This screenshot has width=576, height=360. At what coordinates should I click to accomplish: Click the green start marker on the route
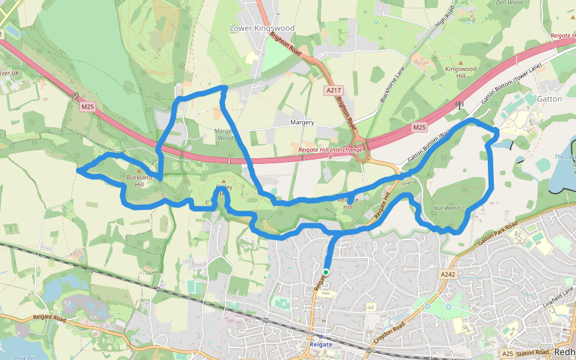pos(325,272)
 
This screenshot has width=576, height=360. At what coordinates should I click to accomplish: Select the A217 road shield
pos(334,90)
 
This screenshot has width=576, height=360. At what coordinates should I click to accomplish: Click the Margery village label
pos(302,122)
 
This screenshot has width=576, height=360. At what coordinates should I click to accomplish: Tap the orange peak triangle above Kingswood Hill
pos(460,62)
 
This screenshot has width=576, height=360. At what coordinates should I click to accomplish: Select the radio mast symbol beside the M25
pos(460,106)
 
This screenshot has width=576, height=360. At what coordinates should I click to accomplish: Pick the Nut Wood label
pos(446,208)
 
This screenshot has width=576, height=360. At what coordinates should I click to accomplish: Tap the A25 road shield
pos(508,353)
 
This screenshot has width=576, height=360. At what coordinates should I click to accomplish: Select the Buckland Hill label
pos(139,181)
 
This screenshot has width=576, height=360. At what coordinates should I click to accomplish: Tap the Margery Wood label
pos(223,134)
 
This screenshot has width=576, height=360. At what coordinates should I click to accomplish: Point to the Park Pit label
pos(24,358)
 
